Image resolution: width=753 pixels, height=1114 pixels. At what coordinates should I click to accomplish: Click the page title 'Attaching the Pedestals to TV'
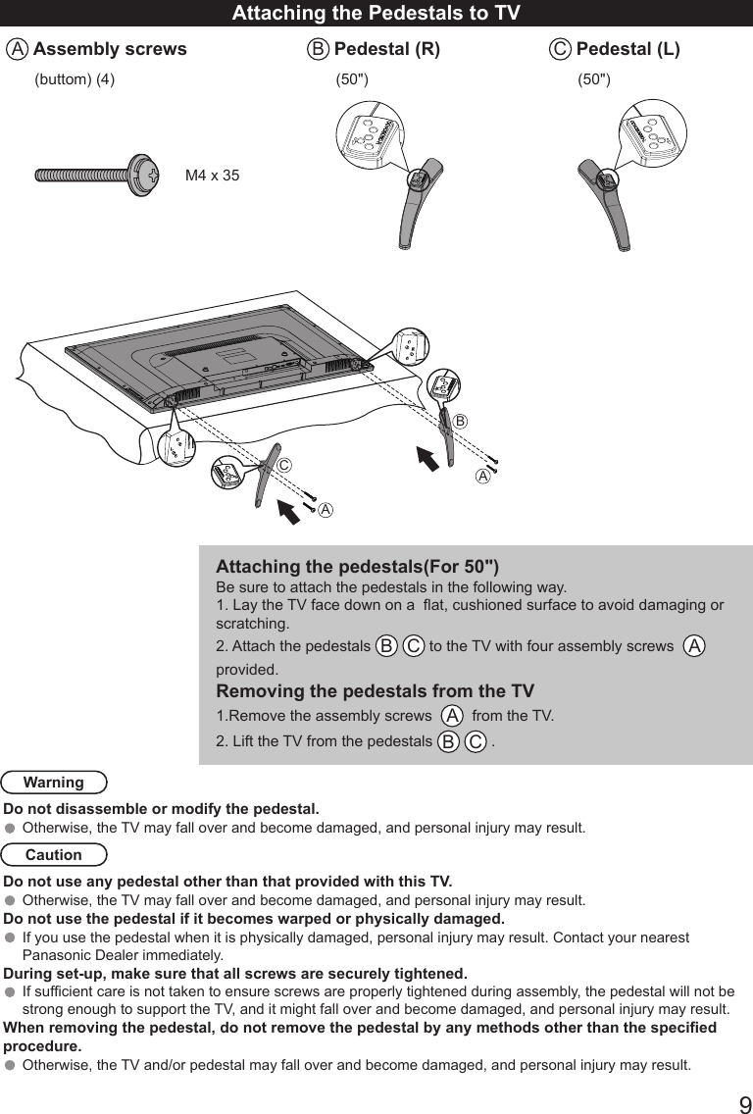376,13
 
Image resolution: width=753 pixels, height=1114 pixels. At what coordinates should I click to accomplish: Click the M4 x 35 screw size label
213,176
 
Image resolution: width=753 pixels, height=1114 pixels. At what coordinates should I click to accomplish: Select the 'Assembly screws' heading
110,49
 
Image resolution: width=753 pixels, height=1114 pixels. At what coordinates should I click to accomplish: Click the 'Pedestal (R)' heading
387,49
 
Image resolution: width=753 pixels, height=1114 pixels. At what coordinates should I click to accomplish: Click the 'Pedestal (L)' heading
627,49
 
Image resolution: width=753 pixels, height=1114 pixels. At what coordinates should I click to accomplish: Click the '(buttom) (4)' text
75,79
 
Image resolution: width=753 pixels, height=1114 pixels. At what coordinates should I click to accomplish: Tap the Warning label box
54,783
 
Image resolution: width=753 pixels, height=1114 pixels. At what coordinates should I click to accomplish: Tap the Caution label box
54,855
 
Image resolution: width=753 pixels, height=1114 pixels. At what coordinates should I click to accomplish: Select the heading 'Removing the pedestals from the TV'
375,691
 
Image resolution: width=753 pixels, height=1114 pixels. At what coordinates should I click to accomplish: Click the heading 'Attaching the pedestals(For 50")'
357,567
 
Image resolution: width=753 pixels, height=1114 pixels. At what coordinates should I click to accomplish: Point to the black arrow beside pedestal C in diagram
289,510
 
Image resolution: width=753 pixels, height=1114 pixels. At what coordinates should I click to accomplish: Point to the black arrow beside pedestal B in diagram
427,458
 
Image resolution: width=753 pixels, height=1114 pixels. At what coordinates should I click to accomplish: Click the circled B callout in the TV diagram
460,420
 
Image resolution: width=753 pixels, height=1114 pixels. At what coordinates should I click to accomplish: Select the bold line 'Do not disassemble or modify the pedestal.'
162,809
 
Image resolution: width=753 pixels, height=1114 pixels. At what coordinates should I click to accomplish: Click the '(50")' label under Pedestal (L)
593,79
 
